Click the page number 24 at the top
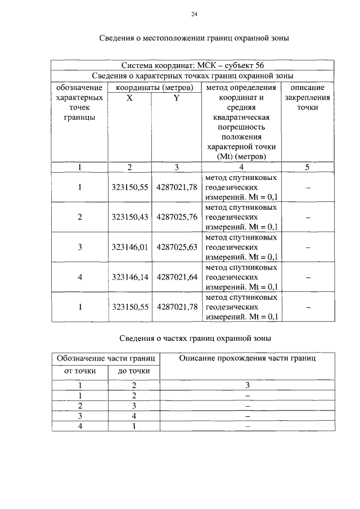[x=194, y=14]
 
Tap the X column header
[x=130, y=97]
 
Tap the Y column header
[x=177, y=97]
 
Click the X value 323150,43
[x=130, y=217]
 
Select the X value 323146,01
[x=130, y=247]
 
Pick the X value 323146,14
[x=130, y=277]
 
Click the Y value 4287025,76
[x=177, y=217]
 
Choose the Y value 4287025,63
[x=177, y=247]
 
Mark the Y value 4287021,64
[x=177, y=277]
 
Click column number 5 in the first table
[x=307, y=167]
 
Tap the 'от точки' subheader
[x=79, y=371]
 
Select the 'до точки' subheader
[x=133, y=371]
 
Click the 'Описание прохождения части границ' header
[x=247, y=358]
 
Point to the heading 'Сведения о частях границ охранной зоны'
[x=195, y=339]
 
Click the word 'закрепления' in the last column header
[x=307, y=97]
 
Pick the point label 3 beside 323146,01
[x=80, y=247]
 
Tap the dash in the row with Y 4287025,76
[x=308, y=217]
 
